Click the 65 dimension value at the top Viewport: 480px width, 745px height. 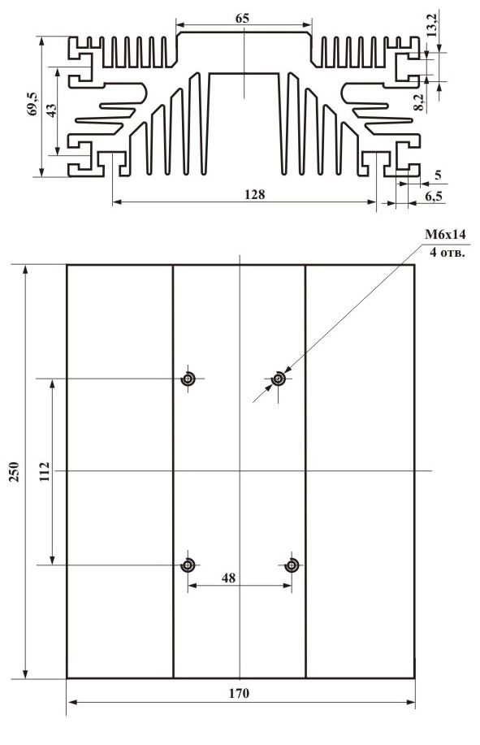(242, 19)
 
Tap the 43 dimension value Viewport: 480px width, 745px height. (51, 110)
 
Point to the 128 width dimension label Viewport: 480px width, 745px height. (254, 194)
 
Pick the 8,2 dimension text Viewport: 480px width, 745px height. (418, 102)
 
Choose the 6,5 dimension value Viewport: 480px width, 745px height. (435, 196)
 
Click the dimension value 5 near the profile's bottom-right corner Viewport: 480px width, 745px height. (438, 175)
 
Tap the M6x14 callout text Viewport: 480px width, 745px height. (445, 234)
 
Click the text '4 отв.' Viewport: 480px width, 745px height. (448, 253)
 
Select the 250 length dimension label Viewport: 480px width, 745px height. (15, 472)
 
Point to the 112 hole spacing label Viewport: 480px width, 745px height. (44, 471)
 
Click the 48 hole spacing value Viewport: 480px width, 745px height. (228, 578)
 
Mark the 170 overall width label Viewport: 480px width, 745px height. (239, 693)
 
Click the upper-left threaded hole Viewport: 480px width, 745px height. (188, 379)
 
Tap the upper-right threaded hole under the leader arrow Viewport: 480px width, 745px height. (279, 379)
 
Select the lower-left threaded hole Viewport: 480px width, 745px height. (188, 565)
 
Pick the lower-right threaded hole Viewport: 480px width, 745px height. (292, 565)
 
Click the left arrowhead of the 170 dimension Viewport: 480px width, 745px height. (72, 702)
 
